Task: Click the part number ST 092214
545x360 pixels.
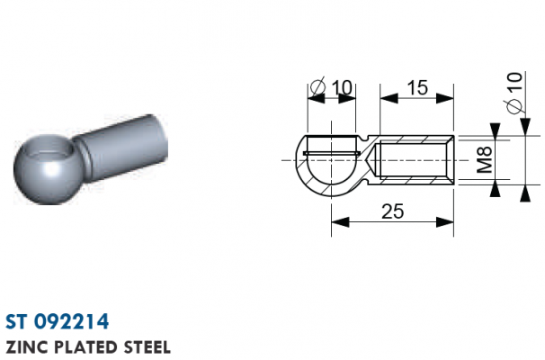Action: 57,321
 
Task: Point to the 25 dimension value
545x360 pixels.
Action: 393,211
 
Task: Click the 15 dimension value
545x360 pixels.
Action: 417,87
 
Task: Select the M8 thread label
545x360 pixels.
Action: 485,159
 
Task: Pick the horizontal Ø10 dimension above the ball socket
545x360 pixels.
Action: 332,87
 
